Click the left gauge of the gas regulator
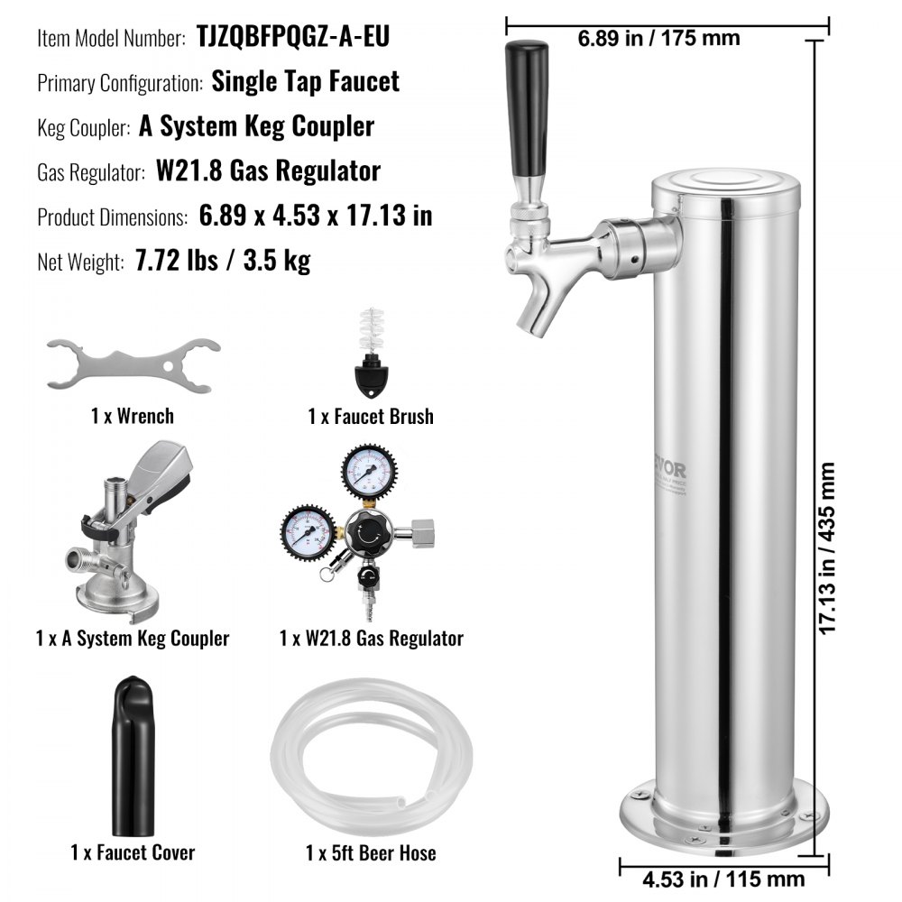click(x=306, y=532)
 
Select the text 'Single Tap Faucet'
click(x=305, y=81)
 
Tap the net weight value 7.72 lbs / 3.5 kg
click(x=222, y=262)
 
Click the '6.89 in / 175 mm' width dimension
click(x=658, y=38)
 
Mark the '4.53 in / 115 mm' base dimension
click(x=713, y=876)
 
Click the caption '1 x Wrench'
click(x=132, y=416)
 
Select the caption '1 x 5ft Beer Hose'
click(x=370, y=852)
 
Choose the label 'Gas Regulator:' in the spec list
click(x=91, y=171)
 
